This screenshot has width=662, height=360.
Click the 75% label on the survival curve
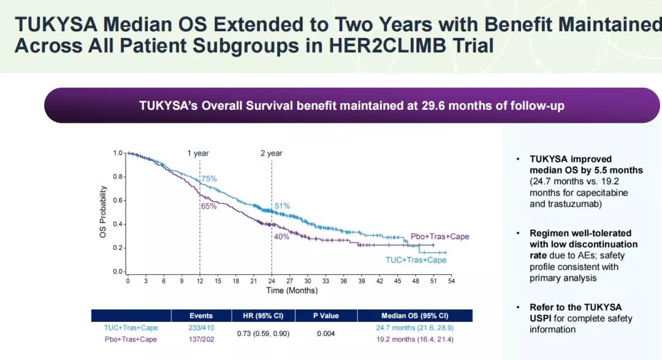(209, 178)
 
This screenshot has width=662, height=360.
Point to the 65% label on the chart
(208, 206)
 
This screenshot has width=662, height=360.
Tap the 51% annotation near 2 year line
(282, 206)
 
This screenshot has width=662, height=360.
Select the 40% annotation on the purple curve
(281, 237)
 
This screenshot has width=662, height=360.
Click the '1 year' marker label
(198, 153)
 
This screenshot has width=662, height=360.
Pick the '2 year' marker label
(271, 153)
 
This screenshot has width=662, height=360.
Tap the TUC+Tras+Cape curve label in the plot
(416, 260)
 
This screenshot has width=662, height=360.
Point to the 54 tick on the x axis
(451, 281)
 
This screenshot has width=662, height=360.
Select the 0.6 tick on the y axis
(118, 201)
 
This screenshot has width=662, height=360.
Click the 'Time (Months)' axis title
(292, 290)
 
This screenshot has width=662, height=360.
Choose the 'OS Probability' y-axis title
(103, 212)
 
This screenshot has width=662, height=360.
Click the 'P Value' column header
(325, 316)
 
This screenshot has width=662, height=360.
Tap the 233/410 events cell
(201, 328)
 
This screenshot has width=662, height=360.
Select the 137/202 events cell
(201, 340)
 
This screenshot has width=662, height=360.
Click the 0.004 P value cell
(325, 334)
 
